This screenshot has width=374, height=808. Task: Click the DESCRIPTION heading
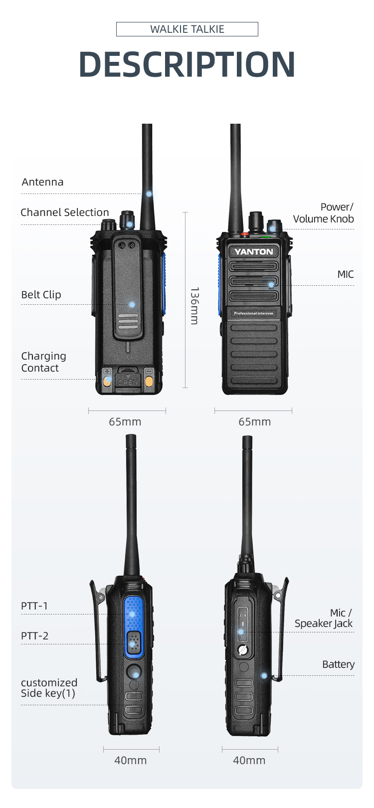pyautogui.click(x=187, y=64)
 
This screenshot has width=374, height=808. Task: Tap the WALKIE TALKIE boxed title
pyautogui.click(x=187, y=29)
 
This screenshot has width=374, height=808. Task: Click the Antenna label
pyautogui.click(x=43, y=182)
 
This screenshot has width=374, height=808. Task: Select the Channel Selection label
pyautogui.click(x=65, y=212)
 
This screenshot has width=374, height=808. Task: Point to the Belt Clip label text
pyautogui.click(x=41, y=295)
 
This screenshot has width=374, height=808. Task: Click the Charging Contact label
pyautogui.click(x=43, y=362)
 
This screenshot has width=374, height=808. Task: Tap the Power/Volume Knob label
pyautogui.click(x=324, y=213)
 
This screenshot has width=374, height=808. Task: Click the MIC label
pyautogui.click(x=346, y=274)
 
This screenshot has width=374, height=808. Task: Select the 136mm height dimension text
pyautogui.click(x=194, y=306)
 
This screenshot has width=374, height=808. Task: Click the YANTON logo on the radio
pyautogui.click(x=254, y=252)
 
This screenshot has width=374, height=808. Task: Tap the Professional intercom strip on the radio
pyautogui.click(x=254, y=313)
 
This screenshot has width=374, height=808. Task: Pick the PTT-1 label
pyautogui.click(x=34, y=606)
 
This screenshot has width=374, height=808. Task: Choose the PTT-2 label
pyautogui.click(x=35, y=636)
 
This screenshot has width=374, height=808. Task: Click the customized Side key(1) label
pyautogui.click(x=49, y=688)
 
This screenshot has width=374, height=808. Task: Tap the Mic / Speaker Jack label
pyautogui.click(x=324, y=618)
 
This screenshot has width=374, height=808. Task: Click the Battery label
pyautogui.click(x=338, y=664)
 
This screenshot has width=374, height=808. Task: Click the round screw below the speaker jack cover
pyautogui.click(x=243, y=650)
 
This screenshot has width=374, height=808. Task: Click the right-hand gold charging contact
pyautogui.click(x=149, y=382)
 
